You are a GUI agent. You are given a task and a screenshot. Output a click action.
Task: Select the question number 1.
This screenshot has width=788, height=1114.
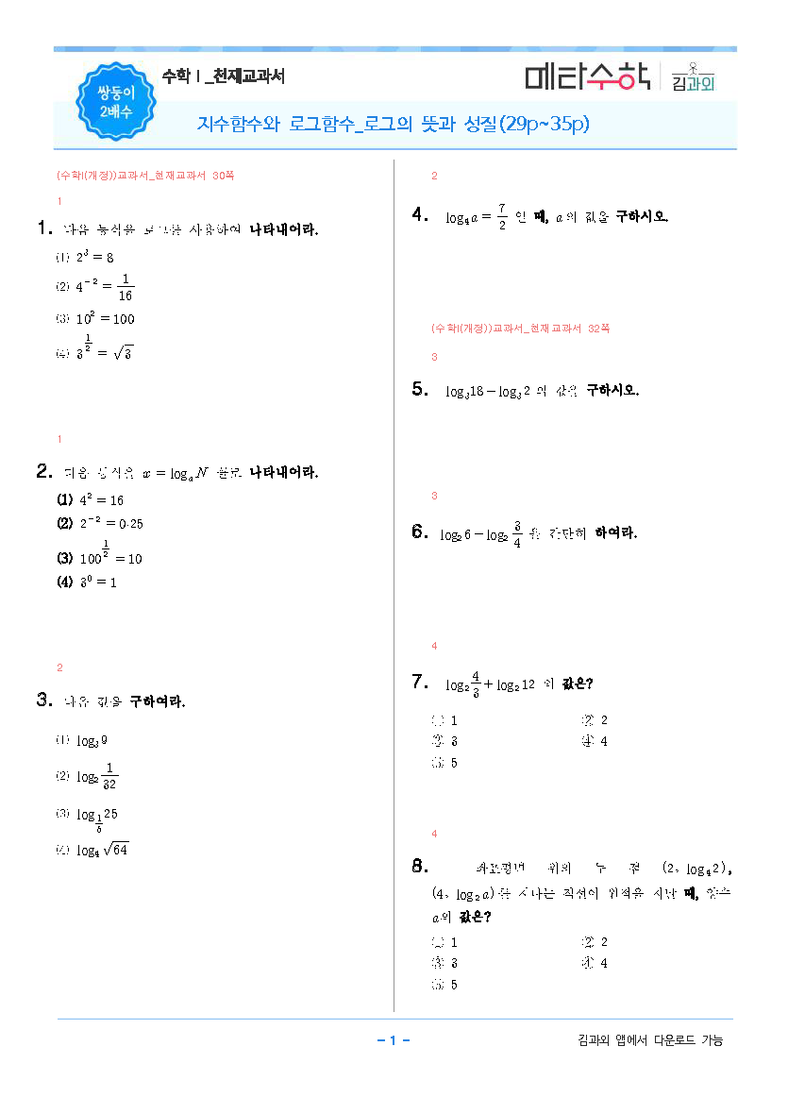coord(43,228)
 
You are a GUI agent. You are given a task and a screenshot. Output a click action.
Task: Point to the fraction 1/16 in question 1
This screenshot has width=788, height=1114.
coord(126,286)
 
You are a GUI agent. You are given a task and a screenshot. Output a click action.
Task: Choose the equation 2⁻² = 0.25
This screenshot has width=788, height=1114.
coord(110,523)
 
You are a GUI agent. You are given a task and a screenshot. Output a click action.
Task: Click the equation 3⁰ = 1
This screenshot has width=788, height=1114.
coord(98,582)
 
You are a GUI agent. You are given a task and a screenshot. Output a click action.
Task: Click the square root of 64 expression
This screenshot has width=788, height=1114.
coord(116,850)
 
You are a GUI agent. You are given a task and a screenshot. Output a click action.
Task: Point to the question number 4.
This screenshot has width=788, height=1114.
coord(421,215)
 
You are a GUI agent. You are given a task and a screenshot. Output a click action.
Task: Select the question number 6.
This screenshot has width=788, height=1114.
coord(421,532)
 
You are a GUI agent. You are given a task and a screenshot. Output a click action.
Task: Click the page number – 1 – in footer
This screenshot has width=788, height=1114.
coord(393,1040)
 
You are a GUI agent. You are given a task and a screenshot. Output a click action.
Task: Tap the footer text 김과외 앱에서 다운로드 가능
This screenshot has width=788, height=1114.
coord(649,1040)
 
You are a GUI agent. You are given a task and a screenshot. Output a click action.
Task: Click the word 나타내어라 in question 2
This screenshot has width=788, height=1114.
coord(283,471)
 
